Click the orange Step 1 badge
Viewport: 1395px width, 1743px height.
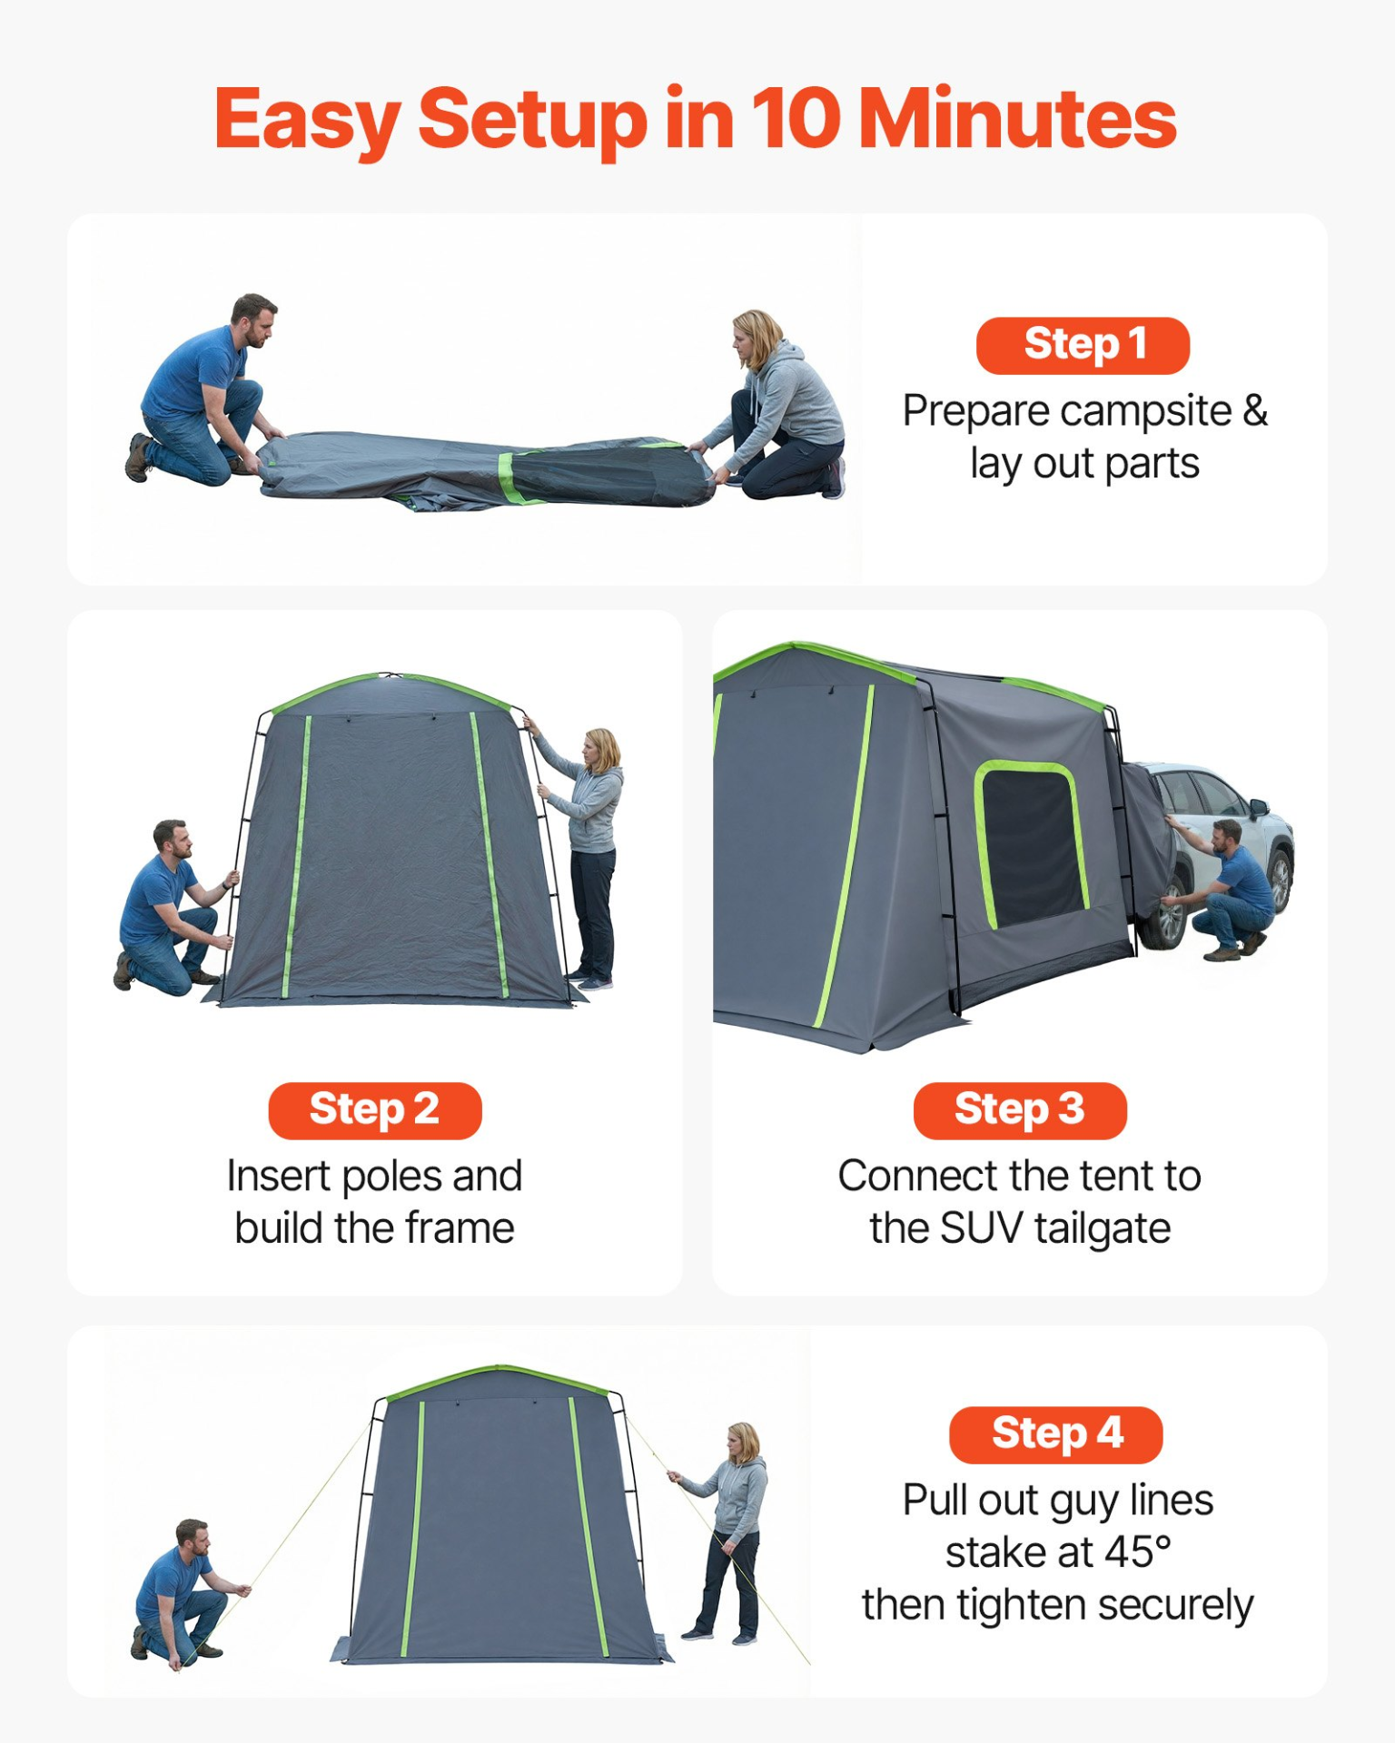coord(1083,346)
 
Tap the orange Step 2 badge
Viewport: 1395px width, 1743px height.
coord(374,1110)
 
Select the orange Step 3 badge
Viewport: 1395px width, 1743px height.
coord(1020,1110)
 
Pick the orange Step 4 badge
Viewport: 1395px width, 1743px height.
coord(1055,1434)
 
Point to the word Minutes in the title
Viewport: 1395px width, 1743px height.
coord(1018,118)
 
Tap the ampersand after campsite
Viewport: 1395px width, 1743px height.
coord(1255,409)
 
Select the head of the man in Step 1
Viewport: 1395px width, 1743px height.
coord(253,320)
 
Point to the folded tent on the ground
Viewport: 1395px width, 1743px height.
coord(485,469)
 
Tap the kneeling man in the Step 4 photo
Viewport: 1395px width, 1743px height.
coord(186,1593)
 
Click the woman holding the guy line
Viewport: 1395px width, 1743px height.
coord(725,1532)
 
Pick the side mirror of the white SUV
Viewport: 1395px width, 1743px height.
coord(1258,806)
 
